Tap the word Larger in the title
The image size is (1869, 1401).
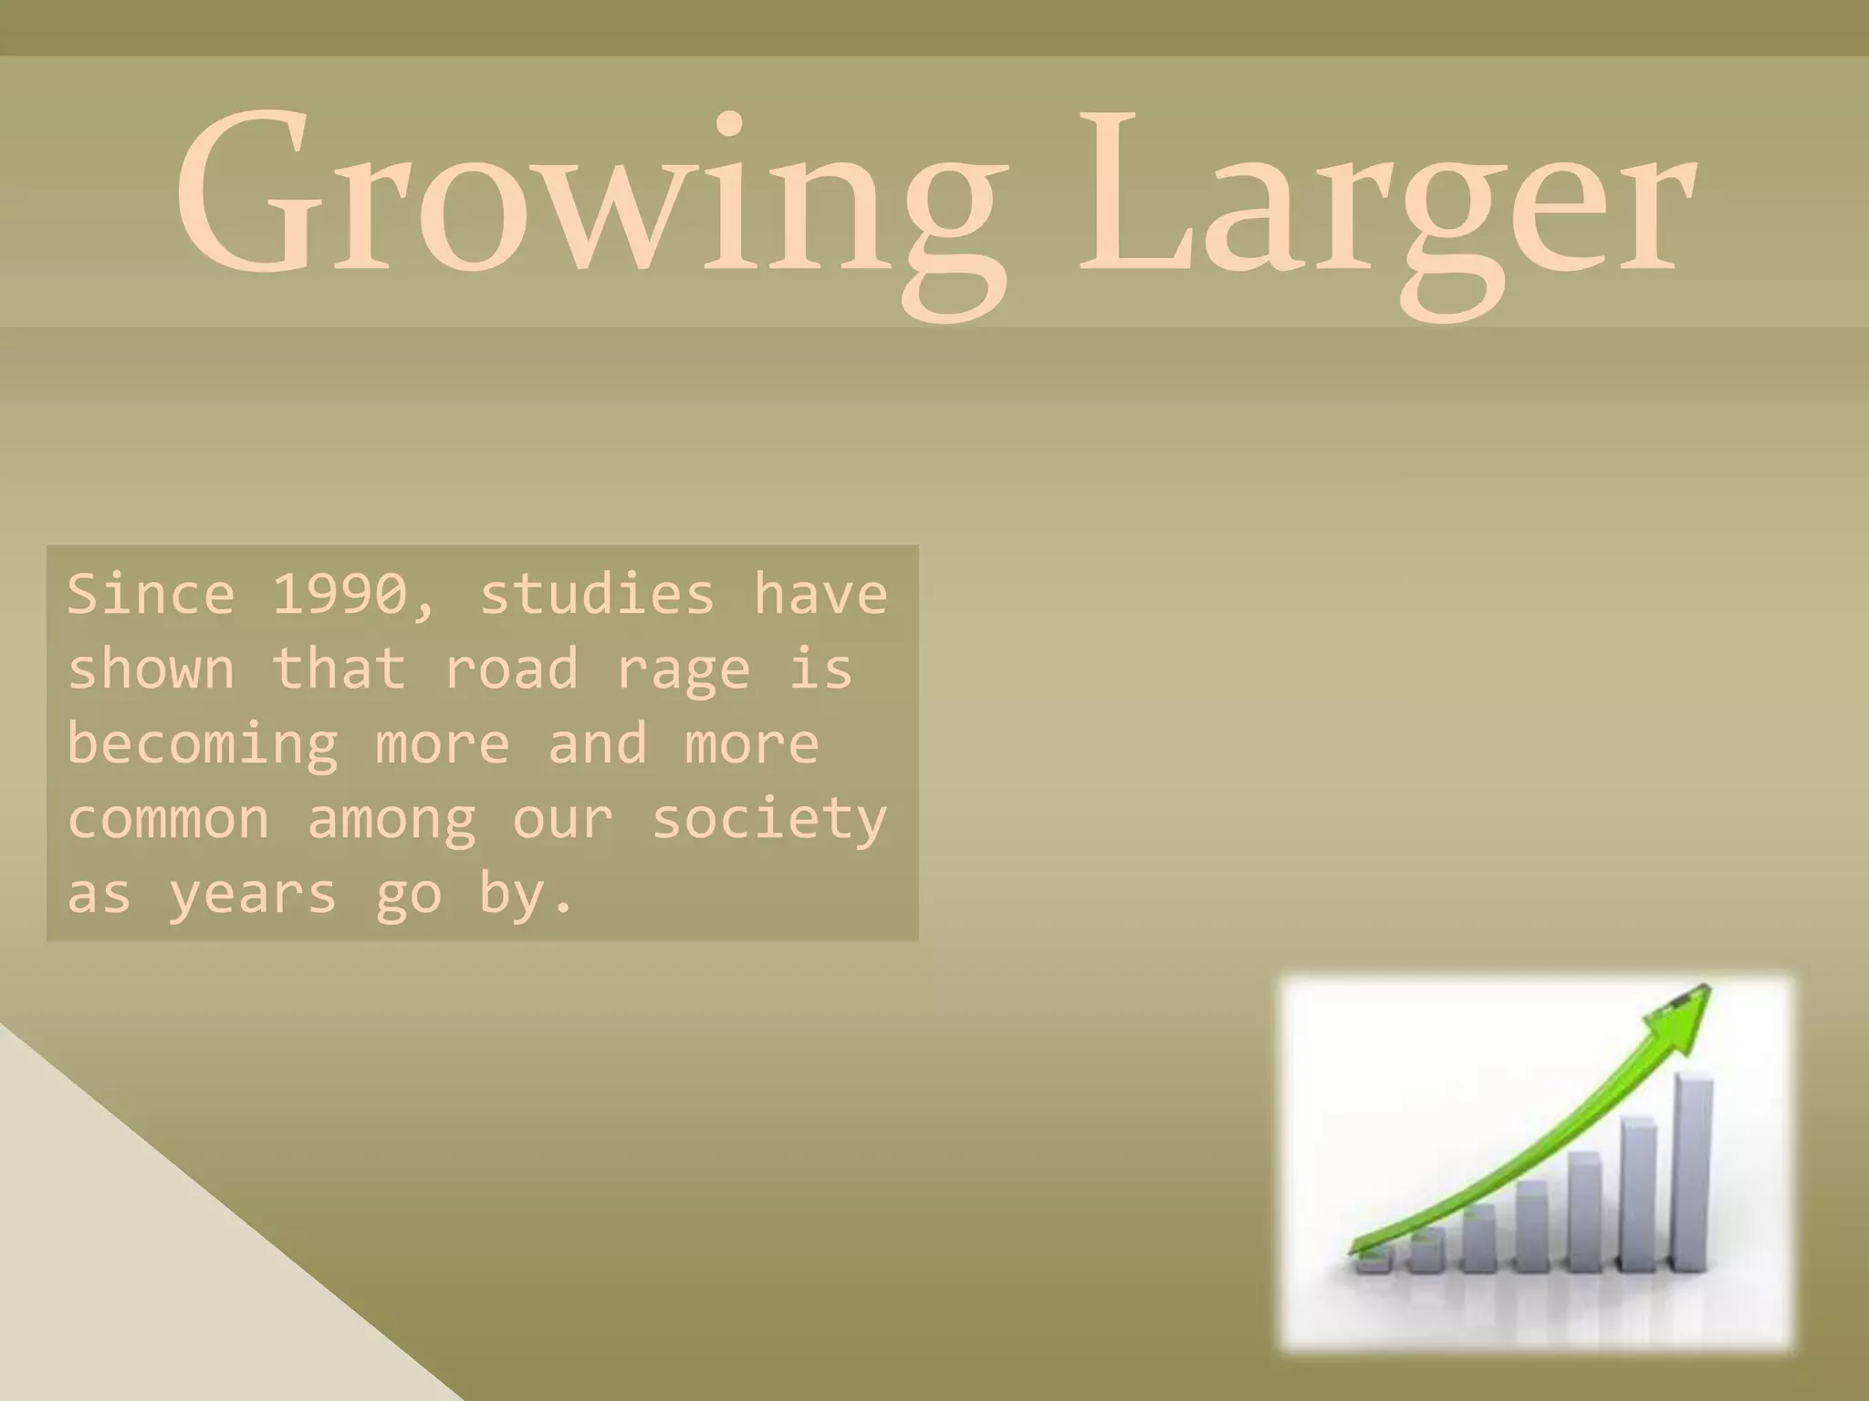(x=1387, y=196)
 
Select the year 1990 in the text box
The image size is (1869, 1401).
(x=339, y=595)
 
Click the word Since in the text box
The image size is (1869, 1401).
(x=151, y=595)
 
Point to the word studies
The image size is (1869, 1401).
(x=596, y=595)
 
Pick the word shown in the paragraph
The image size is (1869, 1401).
(x=151, y=669)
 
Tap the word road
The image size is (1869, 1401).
(x=511, y=669)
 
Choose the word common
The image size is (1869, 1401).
(x=169, y=819)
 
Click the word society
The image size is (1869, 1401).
(x=769, y=819)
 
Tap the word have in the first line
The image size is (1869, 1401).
(x=820, y=595)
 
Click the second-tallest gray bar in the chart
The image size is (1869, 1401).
(x=1639, y=1195)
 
